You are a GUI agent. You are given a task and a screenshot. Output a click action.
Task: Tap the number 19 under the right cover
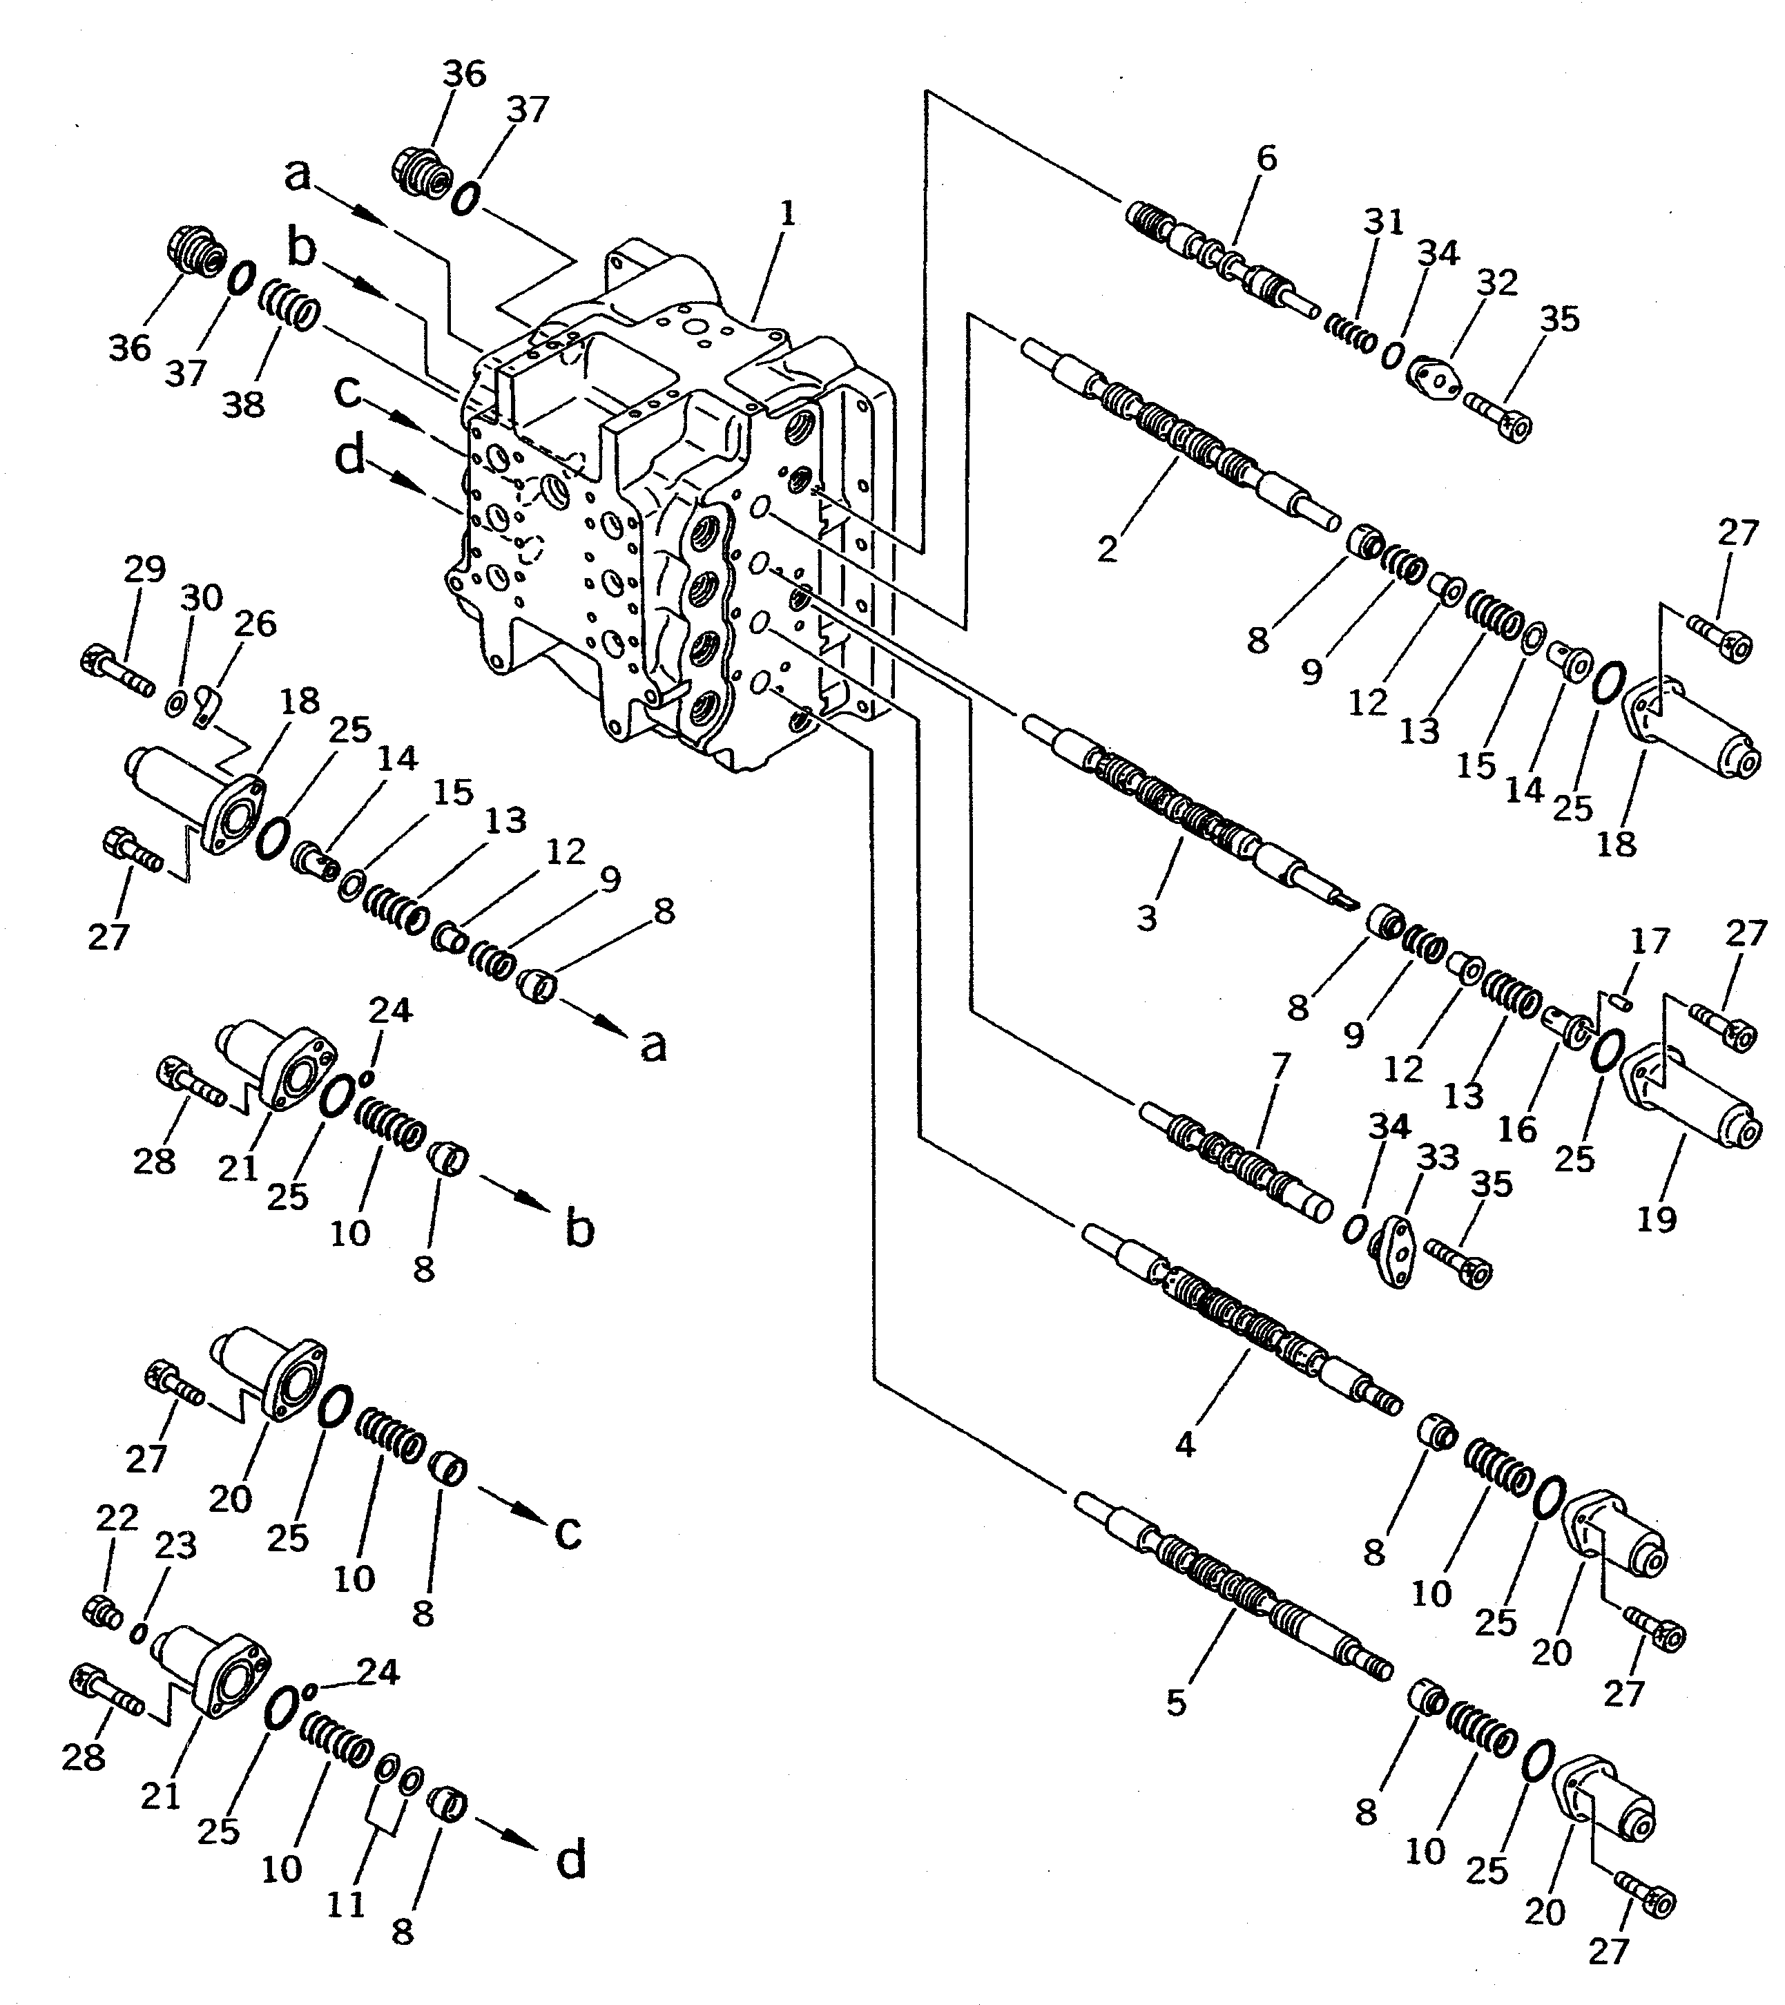pos(1657,1219)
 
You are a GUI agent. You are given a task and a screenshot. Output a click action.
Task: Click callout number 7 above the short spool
pos(1280,1064)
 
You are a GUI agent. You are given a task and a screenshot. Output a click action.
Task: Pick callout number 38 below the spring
pos(243,403)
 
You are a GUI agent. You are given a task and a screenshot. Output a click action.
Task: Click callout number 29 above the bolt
pos(144,570)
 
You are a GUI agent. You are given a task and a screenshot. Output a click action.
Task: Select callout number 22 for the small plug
pos(117,1519)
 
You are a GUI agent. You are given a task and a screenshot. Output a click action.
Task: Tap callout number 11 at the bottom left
pos(345,1904)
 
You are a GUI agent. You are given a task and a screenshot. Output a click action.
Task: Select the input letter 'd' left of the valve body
pos(351,457)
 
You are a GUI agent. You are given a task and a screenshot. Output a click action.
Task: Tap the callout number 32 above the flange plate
pos(1496,282)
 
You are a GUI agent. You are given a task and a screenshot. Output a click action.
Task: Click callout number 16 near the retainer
pos(1517,1129)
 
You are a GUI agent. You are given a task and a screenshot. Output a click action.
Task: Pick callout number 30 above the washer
pos(202,597)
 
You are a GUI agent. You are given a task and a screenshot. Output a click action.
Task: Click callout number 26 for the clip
pos(255,624)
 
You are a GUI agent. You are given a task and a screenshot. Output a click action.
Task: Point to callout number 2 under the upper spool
pos(1108,549)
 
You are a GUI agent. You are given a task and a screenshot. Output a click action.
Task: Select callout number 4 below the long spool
pos(1185,1444)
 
